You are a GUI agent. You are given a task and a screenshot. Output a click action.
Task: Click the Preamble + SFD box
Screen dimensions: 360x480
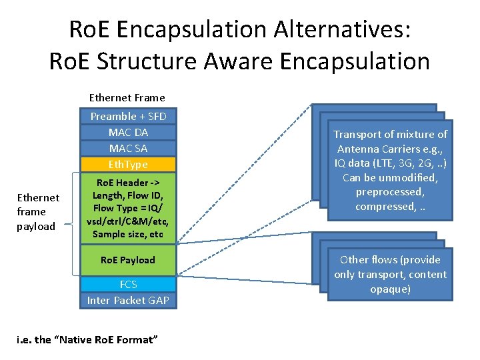[x=128, y=116]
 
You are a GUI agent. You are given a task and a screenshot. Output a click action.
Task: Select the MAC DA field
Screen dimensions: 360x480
[x=128, y=132]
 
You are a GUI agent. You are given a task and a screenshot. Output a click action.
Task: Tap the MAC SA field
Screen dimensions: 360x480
[x=128, y=148]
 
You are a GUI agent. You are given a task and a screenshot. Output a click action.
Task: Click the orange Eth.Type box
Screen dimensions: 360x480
[x=128, y=164]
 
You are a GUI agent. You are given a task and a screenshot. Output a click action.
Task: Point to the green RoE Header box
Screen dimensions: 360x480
[x=128, y=208]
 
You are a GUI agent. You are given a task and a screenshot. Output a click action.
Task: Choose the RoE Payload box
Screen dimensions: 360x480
[x=128, y=260]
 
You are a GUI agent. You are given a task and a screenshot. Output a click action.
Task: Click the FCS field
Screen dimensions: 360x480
[x=128, y=284]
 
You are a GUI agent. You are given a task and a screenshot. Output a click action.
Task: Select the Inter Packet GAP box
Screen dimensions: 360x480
[x=128, y=300]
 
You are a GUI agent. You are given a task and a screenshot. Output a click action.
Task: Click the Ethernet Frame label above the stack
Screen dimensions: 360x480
[x=127, y=97]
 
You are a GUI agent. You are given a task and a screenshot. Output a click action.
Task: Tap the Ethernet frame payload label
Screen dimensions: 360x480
[x=38, y=212]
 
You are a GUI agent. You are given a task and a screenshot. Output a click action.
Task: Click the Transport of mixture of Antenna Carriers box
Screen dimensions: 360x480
[x=391, y=171]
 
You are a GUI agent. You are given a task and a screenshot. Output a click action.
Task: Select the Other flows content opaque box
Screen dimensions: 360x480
[x=391, y=274]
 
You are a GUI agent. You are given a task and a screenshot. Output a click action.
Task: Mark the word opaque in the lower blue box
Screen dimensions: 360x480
[x=391, y=289]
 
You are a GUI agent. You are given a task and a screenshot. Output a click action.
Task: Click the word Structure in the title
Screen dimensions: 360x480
[x=138, y=61]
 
